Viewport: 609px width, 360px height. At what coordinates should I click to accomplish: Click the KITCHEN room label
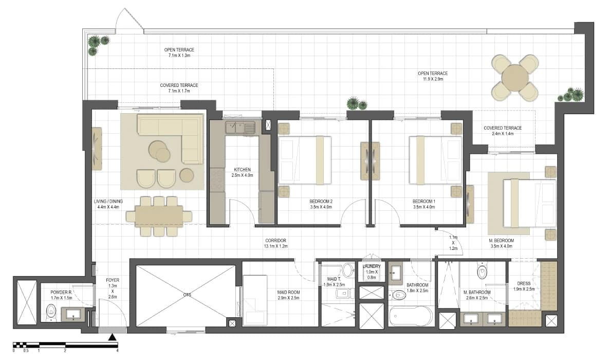[243, 170]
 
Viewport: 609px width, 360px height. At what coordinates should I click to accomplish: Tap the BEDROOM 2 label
[321, 202]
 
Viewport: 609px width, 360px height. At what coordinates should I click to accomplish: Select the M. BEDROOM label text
[502, 241]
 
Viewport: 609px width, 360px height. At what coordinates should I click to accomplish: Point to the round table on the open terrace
[515, 78]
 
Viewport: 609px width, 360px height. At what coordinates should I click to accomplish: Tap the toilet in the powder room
[51, 312]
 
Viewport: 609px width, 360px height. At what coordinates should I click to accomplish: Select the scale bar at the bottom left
[65, 345]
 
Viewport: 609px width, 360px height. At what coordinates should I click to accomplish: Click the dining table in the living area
[160, 217]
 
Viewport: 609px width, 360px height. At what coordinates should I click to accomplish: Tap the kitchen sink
[240, 127]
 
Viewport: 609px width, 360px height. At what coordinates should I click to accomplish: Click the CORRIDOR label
[276, 241]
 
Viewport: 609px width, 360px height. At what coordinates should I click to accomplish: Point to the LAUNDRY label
[372, 266]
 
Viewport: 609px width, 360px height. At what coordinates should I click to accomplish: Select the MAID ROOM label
[289, 292]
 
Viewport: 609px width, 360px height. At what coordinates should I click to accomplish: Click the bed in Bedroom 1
[436, 160]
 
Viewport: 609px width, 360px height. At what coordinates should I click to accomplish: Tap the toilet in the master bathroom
[482, 272]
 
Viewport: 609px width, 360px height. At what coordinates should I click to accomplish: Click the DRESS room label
[524, 284]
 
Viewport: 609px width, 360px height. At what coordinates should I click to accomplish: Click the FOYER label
[113, 280]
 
